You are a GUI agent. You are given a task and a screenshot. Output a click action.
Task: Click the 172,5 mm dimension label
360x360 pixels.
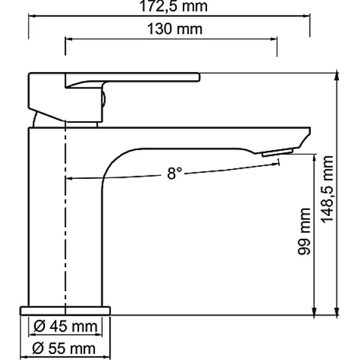click(x=170, y=8)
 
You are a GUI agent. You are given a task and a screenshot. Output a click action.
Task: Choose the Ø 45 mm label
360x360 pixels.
click(x=65, y=327)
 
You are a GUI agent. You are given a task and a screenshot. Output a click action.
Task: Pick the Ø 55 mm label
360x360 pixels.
click(x=65, y=348)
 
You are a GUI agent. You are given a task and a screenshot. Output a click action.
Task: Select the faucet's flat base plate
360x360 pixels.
click(x=65, y=310)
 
